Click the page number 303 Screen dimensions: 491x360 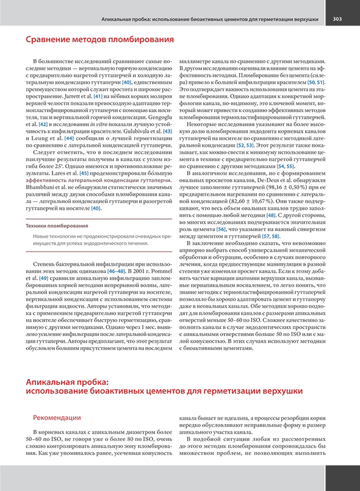337,19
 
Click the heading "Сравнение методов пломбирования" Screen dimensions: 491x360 99,40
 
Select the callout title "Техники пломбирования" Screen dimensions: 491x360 57,226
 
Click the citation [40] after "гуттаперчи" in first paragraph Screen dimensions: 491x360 127,82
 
